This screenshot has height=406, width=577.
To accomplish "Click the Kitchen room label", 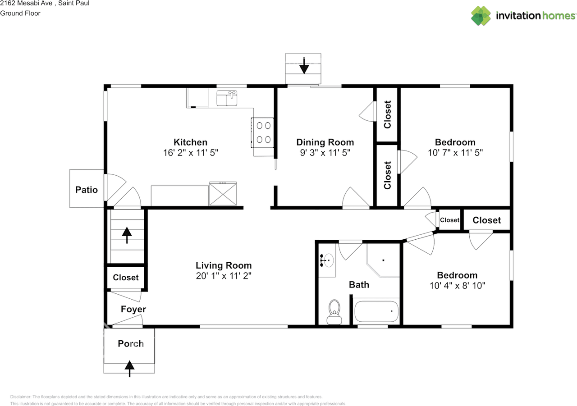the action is (x=190, y=142).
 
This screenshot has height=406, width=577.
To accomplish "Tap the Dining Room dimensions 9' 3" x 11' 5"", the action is (x=325, y=153).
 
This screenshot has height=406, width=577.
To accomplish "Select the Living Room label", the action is (x=224, y=265).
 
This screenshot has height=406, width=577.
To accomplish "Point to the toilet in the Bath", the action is (x=334, y=312).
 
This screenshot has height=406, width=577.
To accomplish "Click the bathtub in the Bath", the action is (x=376, y=311).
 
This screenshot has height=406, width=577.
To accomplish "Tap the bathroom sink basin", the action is (x=328, y=260).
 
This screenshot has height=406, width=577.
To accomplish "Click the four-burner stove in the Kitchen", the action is (x=262, y=132).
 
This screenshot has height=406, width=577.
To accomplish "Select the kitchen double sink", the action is (x=227, y=98).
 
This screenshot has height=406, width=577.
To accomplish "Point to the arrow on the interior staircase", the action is (x=127, y=235).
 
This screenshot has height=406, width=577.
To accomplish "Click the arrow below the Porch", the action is (x=129, y=369).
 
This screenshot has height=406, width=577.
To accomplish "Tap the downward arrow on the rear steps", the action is (x=304, y=66).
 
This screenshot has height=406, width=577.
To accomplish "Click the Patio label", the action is (x=87, y=190).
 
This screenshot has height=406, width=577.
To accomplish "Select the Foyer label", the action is (x=133, y=309).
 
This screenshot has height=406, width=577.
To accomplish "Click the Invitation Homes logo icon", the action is (x=481, y=16).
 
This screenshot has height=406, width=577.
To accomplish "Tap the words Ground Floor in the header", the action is (x=20, y=13).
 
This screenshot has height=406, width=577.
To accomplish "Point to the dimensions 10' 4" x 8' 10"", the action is (x=457, y=286).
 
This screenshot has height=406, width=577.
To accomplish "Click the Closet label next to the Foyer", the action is (x=126, y=277).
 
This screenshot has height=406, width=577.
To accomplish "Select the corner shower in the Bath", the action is (x=383, y=260).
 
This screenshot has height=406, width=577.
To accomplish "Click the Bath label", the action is (x=359, y=284).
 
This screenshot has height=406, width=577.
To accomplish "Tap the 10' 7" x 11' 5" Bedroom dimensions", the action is (x=455, y=153).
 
